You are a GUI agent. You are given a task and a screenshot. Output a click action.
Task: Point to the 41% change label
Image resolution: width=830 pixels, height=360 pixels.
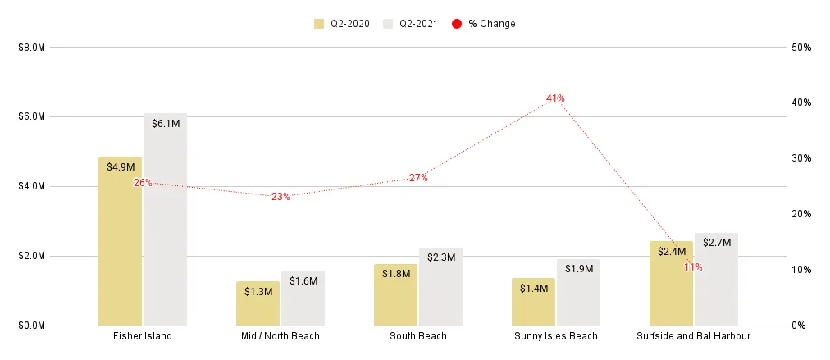click(555, 98)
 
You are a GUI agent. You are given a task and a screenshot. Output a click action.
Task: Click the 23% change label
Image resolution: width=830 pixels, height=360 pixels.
click(280, 197)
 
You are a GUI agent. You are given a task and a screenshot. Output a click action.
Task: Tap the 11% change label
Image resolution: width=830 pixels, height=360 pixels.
click(693, 267)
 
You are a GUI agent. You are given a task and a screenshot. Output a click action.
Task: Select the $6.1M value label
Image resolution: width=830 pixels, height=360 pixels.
click(166, 123)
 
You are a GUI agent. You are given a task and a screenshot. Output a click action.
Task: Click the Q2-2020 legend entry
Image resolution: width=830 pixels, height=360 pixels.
click(342, 24)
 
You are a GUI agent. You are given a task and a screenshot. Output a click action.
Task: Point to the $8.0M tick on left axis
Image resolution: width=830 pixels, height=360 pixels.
click(31, 48)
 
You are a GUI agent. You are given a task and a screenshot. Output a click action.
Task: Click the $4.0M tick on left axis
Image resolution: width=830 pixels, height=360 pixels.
click(31, 186)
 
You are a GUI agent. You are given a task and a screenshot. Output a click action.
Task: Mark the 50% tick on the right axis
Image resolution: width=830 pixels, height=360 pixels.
click(801, 48)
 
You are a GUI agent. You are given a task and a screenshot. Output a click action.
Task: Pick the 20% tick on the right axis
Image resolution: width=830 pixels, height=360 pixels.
click(801, 214)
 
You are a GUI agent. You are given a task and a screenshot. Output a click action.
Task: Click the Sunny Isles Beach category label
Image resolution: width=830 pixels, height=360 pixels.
click(555, 336)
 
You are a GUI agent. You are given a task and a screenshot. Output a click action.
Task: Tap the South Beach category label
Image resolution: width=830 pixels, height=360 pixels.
click(417, 336)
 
